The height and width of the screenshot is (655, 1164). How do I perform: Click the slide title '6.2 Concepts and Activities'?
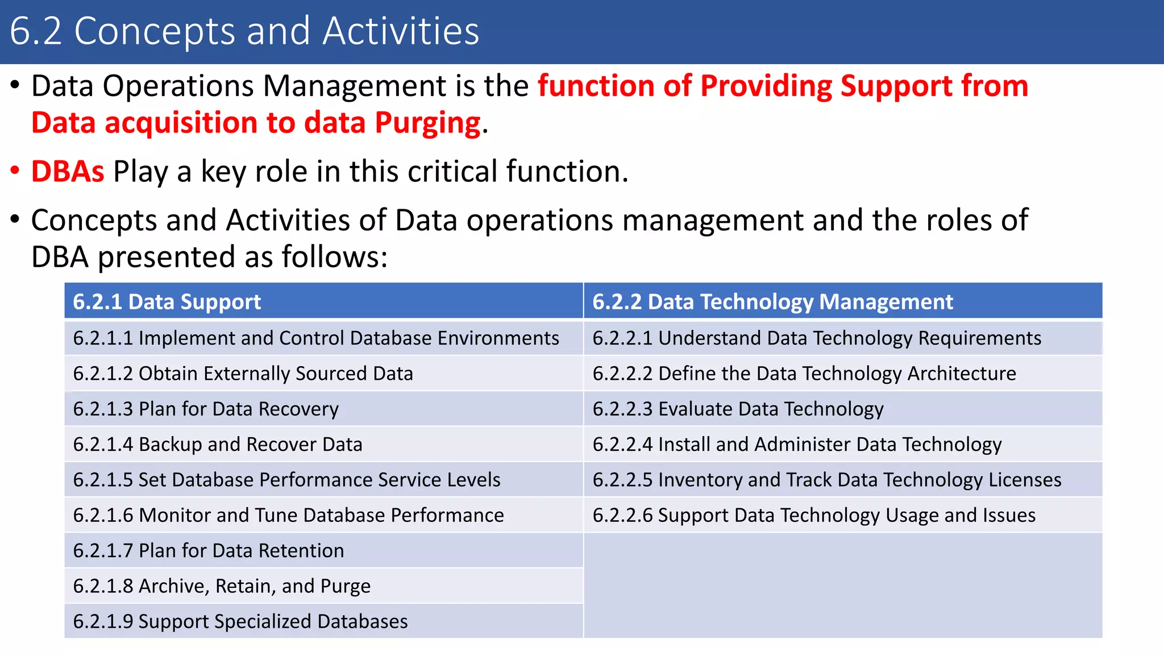pyautogui.click(x=244, y=31)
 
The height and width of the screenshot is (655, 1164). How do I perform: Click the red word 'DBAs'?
pyautogui.click(x=68, y=171)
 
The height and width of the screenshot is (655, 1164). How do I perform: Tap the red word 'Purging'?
pyautogui.click(x=427, y=123)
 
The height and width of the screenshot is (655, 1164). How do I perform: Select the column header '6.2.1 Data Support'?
pyautogui.click(x=167, y=301)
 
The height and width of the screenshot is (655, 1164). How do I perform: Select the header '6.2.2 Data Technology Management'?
pyautogui.click(x=772, y=301)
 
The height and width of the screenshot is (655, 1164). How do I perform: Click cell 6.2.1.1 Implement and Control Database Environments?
pyautogui.click(x=316, y=338)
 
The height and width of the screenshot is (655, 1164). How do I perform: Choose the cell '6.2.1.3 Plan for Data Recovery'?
pyautogui.click(x=206, y=409)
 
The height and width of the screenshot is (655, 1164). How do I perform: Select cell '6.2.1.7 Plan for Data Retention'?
pyautogui.click(x=209, y=550)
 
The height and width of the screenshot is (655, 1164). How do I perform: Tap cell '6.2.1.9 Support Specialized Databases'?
pyautogui.click(x=240, y=621)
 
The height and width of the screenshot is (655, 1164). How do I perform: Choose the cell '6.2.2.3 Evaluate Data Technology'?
pyautogui.click(x=738, y=409)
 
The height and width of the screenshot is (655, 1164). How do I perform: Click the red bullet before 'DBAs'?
pyautogui.click(x=15, y=171)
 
